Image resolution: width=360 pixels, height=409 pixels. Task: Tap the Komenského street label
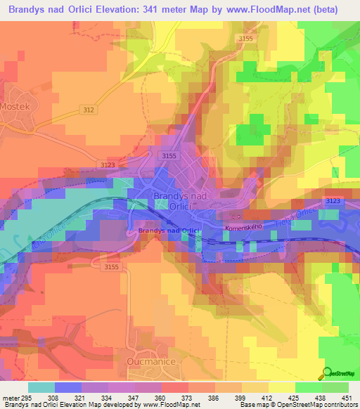[x=243, y=229]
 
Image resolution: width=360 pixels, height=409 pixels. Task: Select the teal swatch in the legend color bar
[x=41, y=387]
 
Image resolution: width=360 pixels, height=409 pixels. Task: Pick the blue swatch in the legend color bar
[x=68, y=387]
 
